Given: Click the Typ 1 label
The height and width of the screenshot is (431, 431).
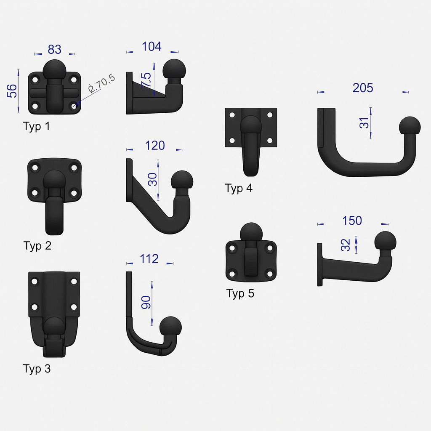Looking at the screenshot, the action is tap(37, 126).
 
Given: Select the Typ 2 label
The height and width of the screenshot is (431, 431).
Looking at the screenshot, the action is tap(37, 246).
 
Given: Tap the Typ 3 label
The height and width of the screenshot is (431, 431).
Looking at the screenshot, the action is tap(37, 369).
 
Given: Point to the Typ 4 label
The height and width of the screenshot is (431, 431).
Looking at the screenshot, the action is tap(239, 188).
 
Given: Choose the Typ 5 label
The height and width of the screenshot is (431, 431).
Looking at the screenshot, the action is tap(240, 293).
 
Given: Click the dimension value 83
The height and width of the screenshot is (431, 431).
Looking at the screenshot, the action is tap(54, 50).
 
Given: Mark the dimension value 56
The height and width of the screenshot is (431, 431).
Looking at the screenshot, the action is tap(12, 91).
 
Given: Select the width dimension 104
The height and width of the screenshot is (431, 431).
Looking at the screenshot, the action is tap(152, 46).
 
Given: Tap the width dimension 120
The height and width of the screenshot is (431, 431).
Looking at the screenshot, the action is tap(155, 145).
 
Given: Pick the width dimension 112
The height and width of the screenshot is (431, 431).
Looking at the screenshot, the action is tap(149, 259).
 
